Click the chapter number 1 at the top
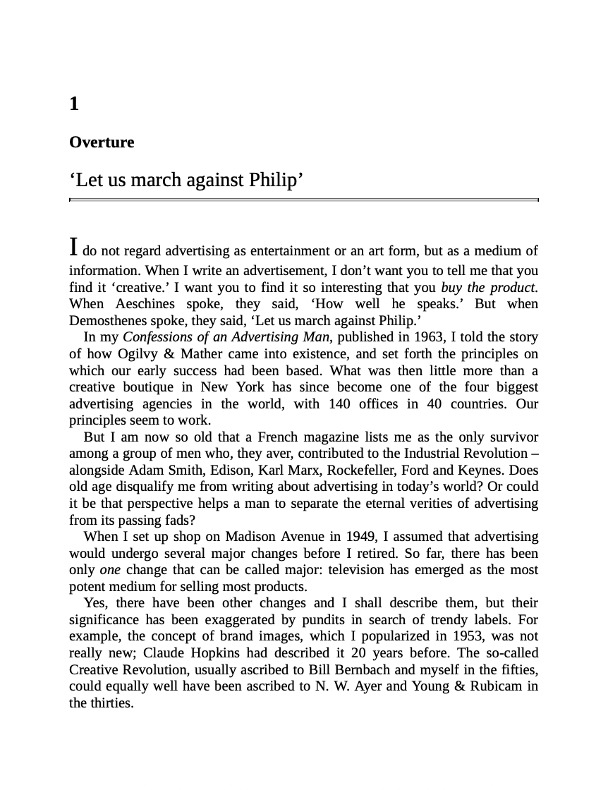74,105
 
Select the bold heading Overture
102,142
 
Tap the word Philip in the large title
276,181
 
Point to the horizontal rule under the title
303,200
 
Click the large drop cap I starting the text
73,248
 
